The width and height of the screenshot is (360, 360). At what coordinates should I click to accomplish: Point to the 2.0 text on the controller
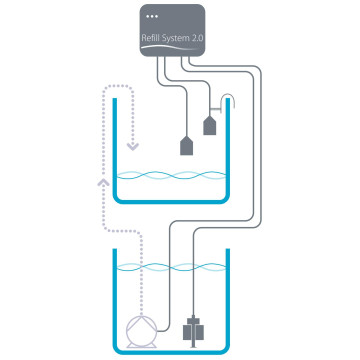(197, 38)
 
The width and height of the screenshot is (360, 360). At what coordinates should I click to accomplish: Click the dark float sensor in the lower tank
(193, 327)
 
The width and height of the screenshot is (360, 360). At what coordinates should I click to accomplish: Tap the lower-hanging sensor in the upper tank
(186, 145)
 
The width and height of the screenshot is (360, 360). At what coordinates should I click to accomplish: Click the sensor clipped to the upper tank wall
(210, 125)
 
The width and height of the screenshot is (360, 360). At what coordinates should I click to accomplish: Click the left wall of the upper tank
(116, 150)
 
